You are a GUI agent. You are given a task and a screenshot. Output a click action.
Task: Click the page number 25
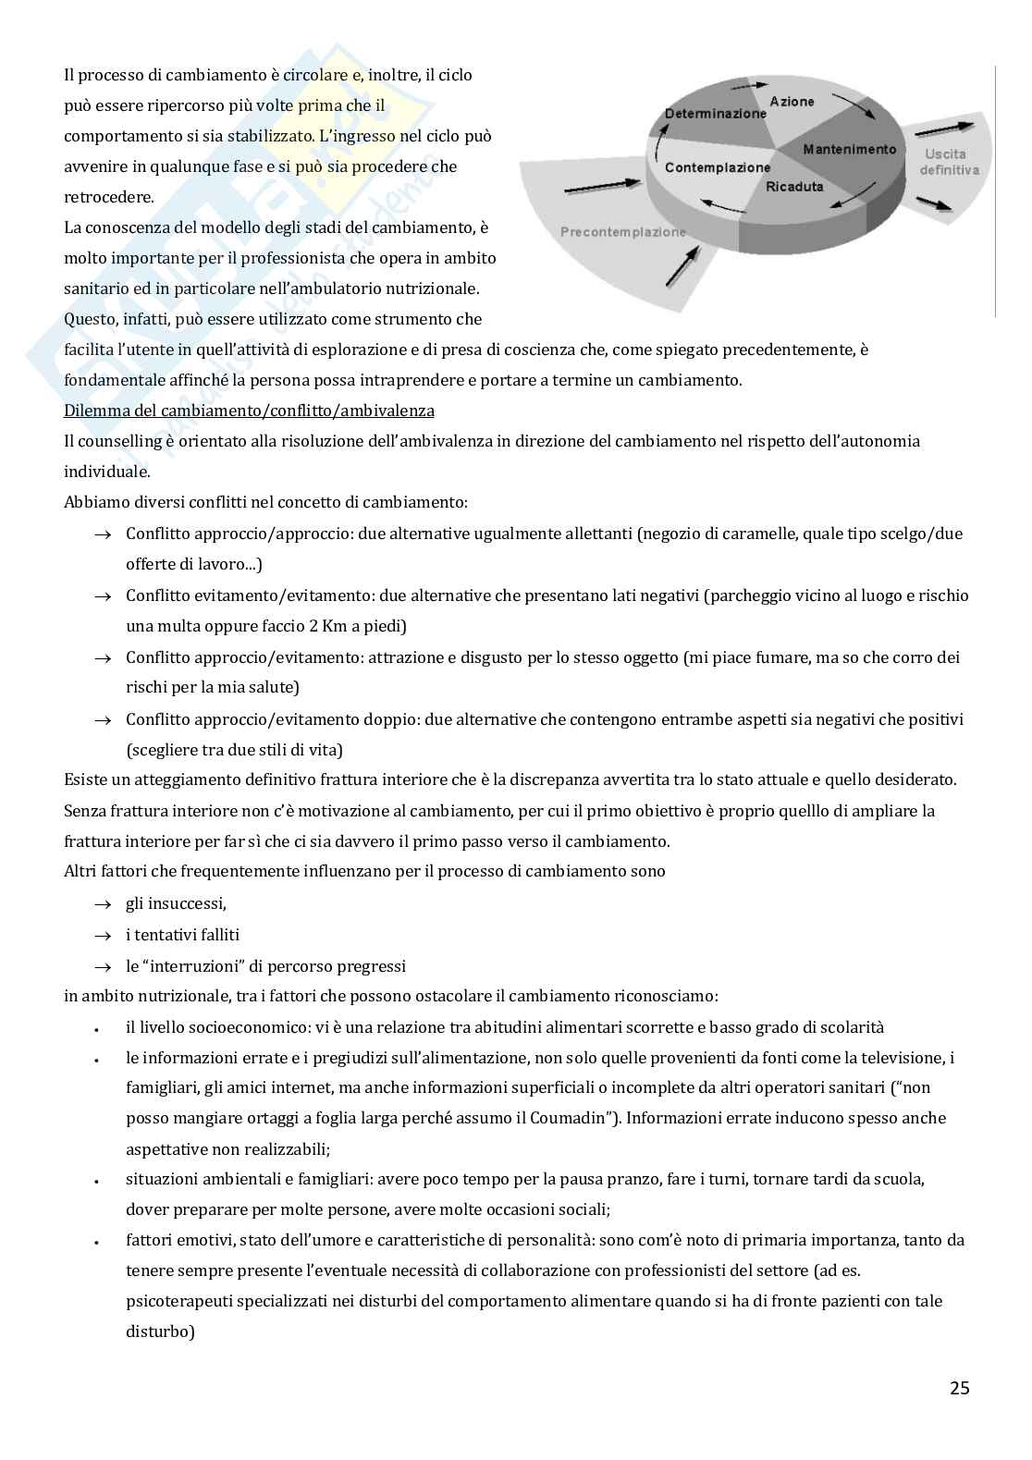pyautogui.click(x=959, y=1388)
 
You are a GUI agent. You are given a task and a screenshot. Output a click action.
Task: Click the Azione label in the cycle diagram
pyautogui.click(x=792, y=102)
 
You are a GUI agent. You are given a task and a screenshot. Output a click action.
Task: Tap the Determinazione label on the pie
pyautogui.click(x=715, y=114)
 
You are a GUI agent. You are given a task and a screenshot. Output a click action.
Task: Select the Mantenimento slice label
pyautogui.click(x=849, y=150)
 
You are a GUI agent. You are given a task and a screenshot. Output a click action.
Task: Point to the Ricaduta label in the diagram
pyautogui.click(x=794, y=187)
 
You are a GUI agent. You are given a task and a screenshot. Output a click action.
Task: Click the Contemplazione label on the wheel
pyautogui.click(x=717, y=167)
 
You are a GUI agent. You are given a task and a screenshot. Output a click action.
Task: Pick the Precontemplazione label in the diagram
pyautogui.click(x=622, y=232)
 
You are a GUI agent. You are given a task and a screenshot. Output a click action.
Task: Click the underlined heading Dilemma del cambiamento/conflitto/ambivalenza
pyautogui.click(x=249, y=411)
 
